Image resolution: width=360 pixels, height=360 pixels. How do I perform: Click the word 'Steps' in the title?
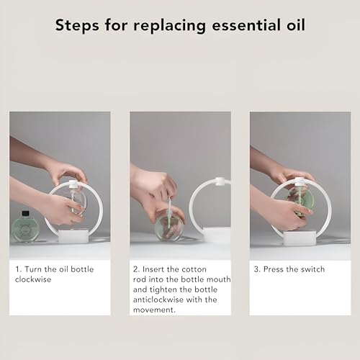pyautogui.click(x=77, y=25)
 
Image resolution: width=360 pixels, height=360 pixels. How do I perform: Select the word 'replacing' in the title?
pyautogui.click(x=169, y=26)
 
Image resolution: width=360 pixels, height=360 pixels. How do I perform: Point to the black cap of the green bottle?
pyautogui.click(x=25, y=213)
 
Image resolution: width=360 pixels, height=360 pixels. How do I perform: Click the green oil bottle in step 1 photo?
pyautogui.click(x=25, y=226)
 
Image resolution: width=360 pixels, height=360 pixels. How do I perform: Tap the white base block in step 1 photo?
pyautogui.click(x=73, y=235)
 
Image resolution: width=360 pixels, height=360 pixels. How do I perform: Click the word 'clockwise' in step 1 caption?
pyautogui.click(x=33, y=279)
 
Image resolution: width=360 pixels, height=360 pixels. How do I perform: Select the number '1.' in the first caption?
pyautogui.click(x=19, y=269)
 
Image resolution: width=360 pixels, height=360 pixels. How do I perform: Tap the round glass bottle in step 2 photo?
pyautogui.click(x=169, y=225)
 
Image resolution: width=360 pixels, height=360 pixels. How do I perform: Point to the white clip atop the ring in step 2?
pyautogui.click(x=220, y=181)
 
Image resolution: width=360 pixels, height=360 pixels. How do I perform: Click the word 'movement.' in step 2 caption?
pyautogui.click(x=154, y=310)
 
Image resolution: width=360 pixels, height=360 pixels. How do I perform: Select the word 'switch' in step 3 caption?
pyautogui.click(x=312, y=269)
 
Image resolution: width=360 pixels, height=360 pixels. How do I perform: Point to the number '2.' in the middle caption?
pyautogui.click(x=137, y=269)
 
